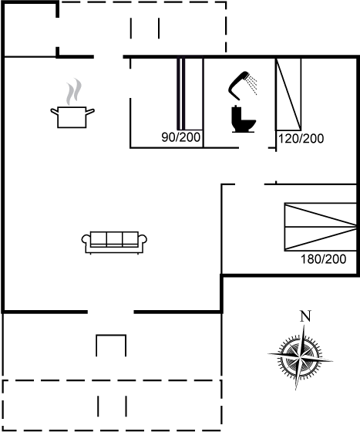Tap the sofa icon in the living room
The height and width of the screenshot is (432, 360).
114,242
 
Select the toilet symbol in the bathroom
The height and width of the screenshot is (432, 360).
244,119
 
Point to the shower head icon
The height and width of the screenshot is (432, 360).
239,85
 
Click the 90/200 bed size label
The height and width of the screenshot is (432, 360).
181,137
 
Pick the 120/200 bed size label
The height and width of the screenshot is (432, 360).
301,139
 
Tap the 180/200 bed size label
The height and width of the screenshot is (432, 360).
324,259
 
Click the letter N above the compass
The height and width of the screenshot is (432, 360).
305,316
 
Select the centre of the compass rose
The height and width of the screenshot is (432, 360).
301,358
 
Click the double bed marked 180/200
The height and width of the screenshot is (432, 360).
321,227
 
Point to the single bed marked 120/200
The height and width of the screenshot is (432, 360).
288,94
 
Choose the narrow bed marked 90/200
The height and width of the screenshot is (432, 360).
190,93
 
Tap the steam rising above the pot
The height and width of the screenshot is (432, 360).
74,92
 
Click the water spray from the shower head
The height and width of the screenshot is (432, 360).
252,84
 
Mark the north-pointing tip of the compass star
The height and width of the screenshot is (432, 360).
304,326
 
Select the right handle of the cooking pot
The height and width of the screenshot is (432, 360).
90,112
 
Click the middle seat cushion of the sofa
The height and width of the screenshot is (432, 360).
114,238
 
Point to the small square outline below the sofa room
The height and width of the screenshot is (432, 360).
111,336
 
